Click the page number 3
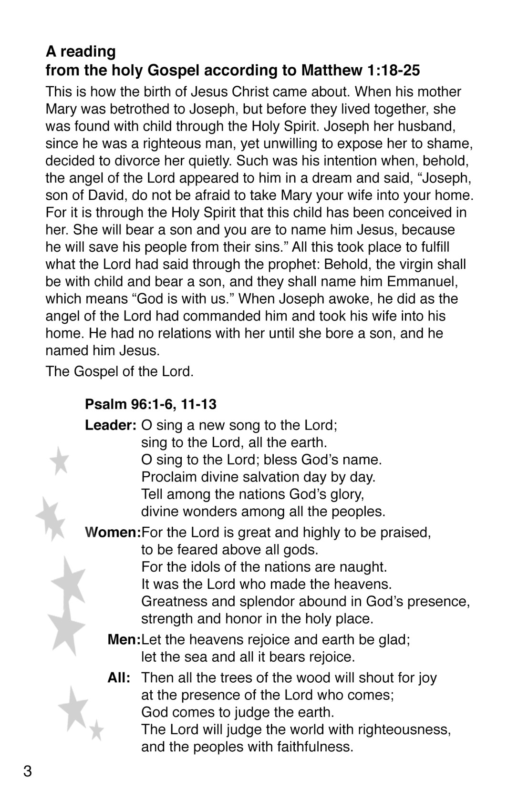(x=28, y=771)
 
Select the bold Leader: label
(x=111, y=425)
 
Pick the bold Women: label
(x=113, y=532)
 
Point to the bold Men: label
(x=124, y=639)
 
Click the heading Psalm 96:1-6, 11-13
(x=150, y=404)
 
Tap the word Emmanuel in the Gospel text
(x=422, y=281)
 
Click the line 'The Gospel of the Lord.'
(x=120, y=371)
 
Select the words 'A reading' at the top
(x=81, y=51)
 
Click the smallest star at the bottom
(x=97, y=729)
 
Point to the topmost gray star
(x=60, y=461)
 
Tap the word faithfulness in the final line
(x=314, y=747)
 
